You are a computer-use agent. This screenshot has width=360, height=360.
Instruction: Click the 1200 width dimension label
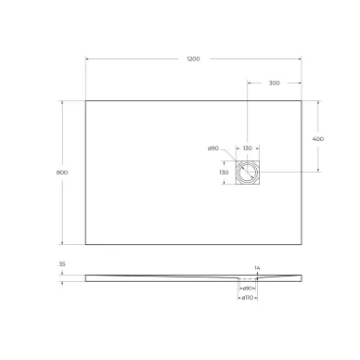coord(192,58)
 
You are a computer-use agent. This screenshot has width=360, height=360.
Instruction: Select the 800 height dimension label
coord(62,172)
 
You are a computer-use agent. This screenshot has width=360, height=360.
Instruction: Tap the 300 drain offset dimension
coord(274,83)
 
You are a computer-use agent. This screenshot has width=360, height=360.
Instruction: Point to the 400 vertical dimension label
coord(318,137)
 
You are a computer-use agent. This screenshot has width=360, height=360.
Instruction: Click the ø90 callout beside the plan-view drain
coord(212,148)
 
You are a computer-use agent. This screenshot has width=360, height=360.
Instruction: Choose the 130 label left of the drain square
coord(224,173)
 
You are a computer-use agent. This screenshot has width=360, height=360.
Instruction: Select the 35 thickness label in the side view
coord(62,264)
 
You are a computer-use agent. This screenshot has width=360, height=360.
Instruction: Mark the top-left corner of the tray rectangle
coord(85,100)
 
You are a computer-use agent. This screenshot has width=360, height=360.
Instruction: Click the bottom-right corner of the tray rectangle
coord(302,245)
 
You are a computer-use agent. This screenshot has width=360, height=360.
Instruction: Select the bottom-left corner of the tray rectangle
coord(85,245)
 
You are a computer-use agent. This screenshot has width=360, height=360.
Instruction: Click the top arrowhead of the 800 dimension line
coord(64,102)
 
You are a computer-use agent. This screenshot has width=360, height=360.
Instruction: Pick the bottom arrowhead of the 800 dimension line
coord(64,243)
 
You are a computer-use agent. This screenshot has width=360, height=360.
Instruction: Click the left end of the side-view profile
coord(85,276)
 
